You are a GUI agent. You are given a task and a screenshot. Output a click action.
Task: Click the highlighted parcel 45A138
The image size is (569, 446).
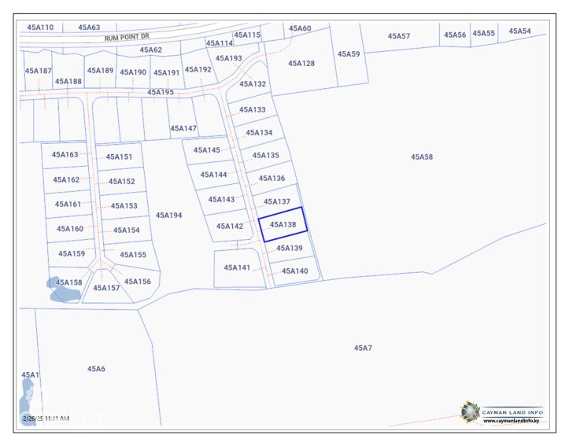(x=283, y=224)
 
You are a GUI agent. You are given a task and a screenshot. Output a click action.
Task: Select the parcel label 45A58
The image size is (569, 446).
(x=421, y=157)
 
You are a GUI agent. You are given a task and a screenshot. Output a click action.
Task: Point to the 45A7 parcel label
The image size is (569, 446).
(x=363, y=347)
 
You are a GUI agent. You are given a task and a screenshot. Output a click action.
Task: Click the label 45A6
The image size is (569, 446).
(x=96, y=368)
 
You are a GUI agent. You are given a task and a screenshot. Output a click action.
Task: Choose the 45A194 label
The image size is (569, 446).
(x=168, y=215)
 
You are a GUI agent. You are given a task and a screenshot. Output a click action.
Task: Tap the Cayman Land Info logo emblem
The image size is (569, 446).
(x=470, y=411)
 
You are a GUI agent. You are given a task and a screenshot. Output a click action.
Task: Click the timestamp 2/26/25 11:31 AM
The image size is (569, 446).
(x=46, y=418)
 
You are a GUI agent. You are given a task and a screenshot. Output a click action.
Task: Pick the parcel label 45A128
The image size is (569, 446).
(x=301, y=63)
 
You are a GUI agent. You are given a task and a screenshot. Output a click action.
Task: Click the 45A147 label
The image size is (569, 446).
(x=183, y=128)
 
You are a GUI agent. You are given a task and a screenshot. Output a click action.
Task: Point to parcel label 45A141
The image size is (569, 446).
(x=237, y=267)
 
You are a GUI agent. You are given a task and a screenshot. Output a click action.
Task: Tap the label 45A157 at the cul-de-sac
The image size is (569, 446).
(x=106, y=288)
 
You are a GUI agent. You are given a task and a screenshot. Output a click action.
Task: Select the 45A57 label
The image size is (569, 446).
(x=399, y=36)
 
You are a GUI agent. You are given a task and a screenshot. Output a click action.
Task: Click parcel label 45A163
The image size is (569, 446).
(x=65, y=155)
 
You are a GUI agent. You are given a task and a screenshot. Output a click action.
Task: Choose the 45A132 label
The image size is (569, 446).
(x=253, y=83)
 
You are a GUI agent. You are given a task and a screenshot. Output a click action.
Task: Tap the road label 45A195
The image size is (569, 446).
(x=161, y=92)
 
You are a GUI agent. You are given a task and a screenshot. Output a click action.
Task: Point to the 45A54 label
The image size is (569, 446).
(x=519, y=31)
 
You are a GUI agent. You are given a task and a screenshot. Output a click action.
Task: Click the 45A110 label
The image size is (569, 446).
(x=40, y=28)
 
